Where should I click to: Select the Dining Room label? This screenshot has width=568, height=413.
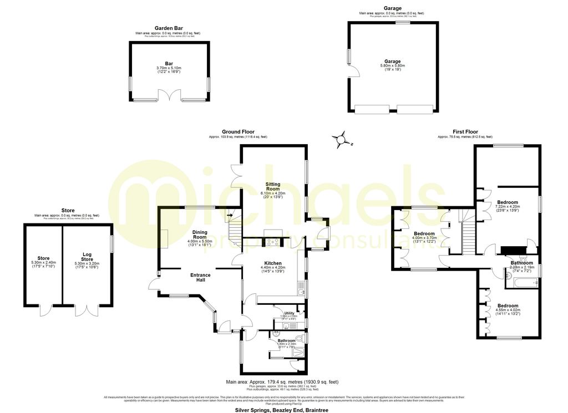point(200,234)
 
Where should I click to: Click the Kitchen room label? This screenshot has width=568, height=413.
point(272,263)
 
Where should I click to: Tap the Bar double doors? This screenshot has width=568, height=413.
point(169,95)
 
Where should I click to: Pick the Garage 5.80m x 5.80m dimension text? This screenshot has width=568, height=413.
point(393,65)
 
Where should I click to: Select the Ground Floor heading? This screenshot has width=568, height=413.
point(238,132)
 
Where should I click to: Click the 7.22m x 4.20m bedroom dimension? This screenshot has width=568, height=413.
point(508,207)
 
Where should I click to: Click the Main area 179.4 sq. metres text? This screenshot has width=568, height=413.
point(282,382)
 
